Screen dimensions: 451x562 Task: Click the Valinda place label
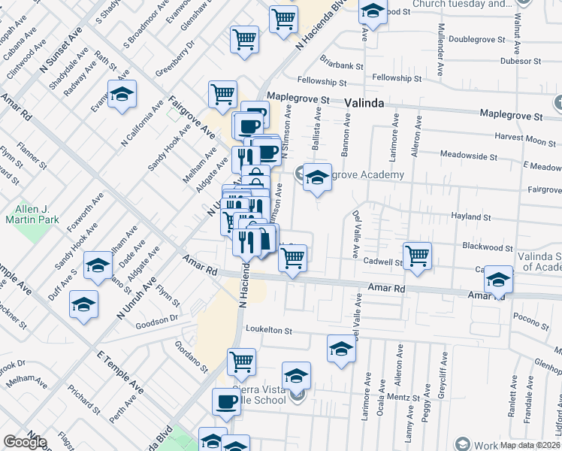click(x=364, y=103)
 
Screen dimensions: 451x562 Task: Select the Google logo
click(x=25, y=442)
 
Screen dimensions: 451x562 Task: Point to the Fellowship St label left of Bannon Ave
click(x=322, y=81)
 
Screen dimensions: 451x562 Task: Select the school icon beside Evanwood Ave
click(x=122, y=95)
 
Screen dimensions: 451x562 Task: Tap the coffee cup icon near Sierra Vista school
click(x=226, y=401)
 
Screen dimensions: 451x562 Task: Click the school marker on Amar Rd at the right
click(x=498, y=280)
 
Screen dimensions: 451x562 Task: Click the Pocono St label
click(x=530, y=319)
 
